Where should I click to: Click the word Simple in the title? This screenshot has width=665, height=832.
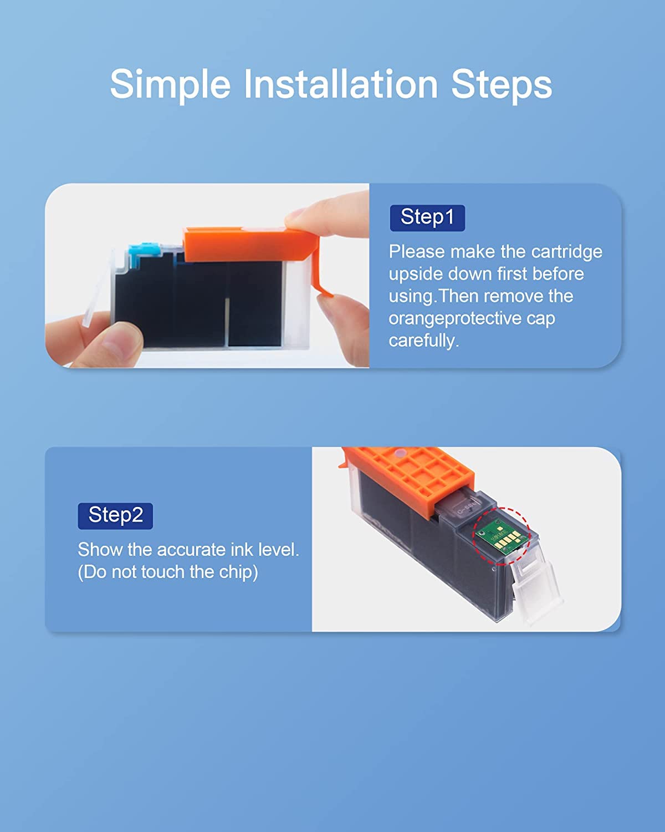[x=170, y=85]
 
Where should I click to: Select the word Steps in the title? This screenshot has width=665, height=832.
[x=501, y=85]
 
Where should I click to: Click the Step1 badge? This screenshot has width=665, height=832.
[x=427, y=217]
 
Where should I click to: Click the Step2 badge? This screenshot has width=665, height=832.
[x=115, y=515]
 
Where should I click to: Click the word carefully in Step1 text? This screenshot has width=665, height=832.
[x=423, y=341]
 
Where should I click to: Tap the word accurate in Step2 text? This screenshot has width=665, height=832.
[x=192, y=550]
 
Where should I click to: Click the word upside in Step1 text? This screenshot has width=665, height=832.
[x=416, y=274]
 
